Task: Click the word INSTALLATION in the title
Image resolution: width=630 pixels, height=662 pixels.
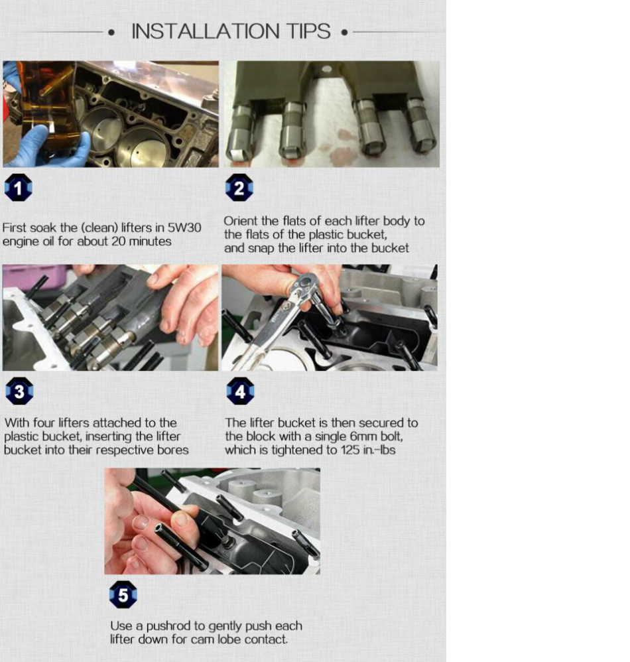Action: (x=206, y=31)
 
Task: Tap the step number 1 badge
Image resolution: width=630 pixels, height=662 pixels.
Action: (x=18, y=188)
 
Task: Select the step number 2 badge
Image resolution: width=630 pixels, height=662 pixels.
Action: (x=239, y=188)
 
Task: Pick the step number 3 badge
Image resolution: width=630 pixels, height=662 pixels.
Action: (x=19, y=391)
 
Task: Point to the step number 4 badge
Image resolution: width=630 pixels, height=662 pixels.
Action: (x=240, y=391)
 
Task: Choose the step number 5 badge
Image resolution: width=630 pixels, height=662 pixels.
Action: (x=123, y=594)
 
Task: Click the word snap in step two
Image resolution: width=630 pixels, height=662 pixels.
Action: (x=261, y=249)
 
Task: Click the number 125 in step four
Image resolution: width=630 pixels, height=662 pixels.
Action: (x=349, y=450)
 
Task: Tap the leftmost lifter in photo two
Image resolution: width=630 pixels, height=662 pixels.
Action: (x=240, y=133)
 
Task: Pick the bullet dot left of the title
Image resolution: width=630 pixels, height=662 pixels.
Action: (x=111, y=32)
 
